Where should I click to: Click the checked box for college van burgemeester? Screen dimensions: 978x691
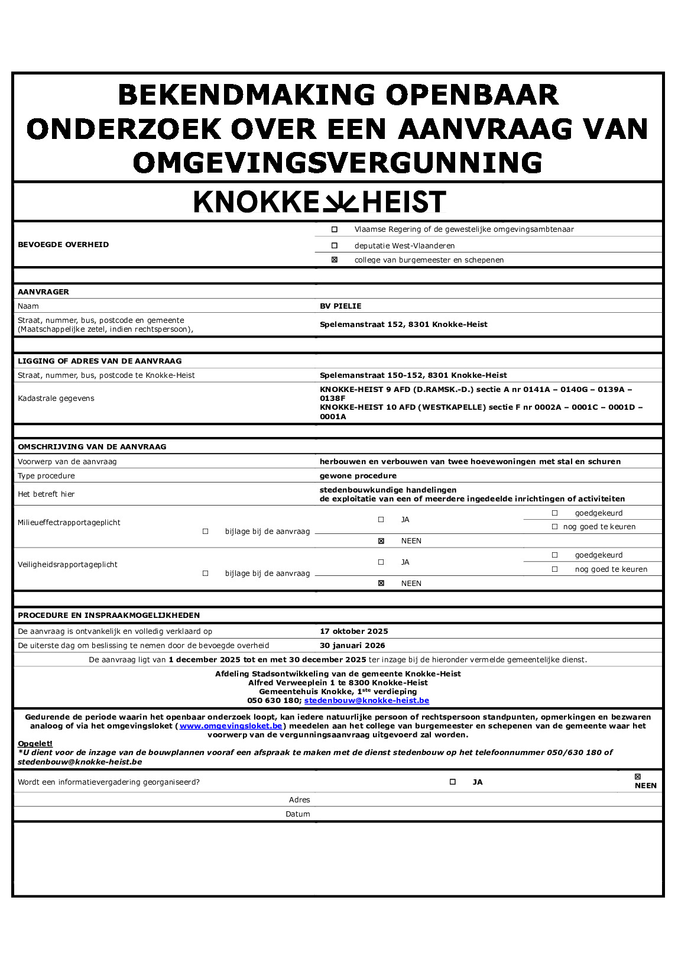click(x=335, y=260)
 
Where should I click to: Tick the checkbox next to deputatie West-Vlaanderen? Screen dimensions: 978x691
click(x=335, y=245)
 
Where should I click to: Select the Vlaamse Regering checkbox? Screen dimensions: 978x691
click(x=335, y=229)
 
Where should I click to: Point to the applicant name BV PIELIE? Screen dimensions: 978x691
click(x=340, y=306)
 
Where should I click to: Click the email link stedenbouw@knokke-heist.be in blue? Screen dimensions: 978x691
click(x=366, y=701)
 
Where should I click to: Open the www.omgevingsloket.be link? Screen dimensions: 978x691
click(x=231, y=726)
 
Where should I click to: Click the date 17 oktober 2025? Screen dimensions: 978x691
click(x=353, y=632)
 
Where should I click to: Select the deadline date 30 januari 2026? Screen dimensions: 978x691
click(x=352, y=646)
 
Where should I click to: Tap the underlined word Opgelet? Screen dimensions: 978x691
click(x=35, y=744)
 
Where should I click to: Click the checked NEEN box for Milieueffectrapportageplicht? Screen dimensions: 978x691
click(x=381, y=541)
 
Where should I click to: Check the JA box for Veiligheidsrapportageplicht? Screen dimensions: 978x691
click(x=381, y=562)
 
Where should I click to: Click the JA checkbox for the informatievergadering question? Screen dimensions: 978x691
click(x=453, y=782)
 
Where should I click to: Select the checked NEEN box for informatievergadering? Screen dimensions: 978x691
click(x=638, y=777)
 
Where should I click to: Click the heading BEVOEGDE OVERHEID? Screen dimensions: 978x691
click(x=63, y=245)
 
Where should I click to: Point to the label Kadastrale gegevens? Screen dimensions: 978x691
click(x=56, y=399)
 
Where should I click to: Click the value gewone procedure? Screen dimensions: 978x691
click(x=358, y=476)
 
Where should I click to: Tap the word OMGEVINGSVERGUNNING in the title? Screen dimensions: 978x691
click(x=338, y=163)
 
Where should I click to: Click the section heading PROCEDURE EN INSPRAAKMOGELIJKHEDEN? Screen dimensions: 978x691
click(x=109, y=616)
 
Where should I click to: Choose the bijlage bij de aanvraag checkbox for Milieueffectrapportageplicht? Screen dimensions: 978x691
click(x=206, y=532)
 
